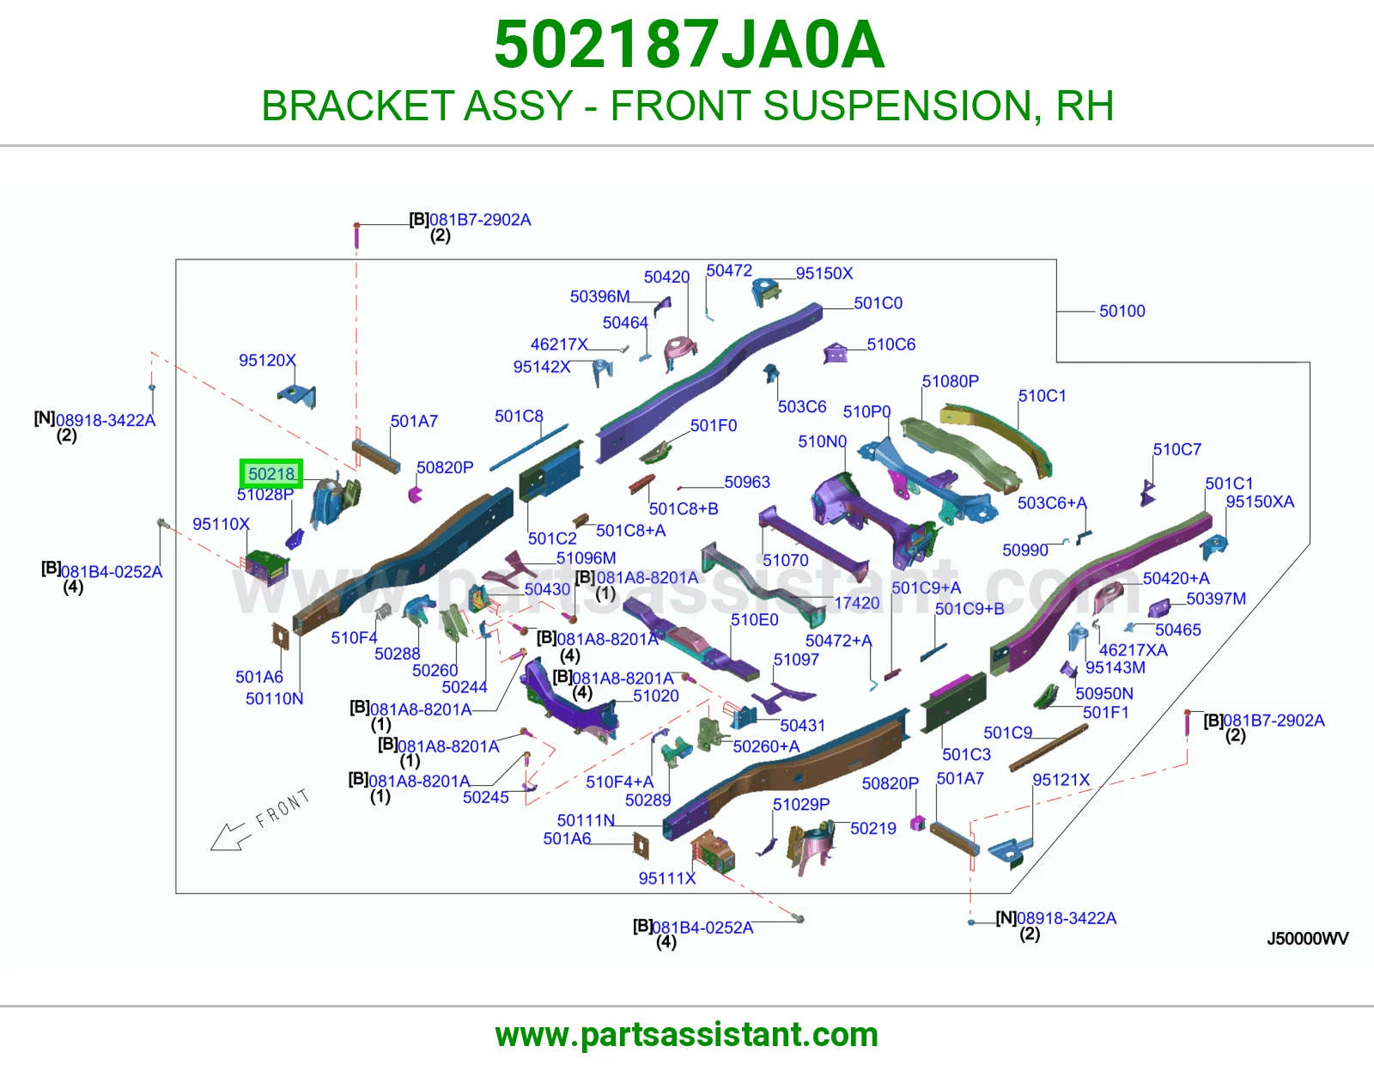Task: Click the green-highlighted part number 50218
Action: [x=271, y=474]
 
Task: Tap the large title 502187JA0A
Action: [x=689, y=45]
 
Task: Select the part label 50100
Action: [x=1122, y=311]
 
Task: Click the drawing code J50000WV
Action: [x=1308, y=938]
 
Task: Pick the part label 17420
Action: [x=856, y=603]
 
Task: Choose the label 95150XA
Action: [x=1260, y=502]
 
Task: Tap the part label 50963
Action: [x=747, y=482]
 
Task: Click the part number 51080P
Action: [x=950, y=380]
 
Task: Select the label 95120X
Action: [x=267, y=360]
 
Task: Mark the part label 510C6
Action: [x=891, y=344]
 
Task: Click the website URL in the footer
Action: [x=687, y=1035]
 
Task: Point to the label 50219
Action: [x=872, y=828]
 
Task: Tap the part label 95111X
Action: [x=666, y=878]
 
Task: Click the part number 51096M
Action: [x=586, y=557]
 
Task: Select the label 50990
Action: [x=1025, y=550]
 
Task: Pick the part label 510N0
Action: [x=822, y=441]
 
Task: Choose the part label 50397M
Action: [x=1215, y=599]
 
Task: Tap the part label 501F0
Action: [x=714, y=425]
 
